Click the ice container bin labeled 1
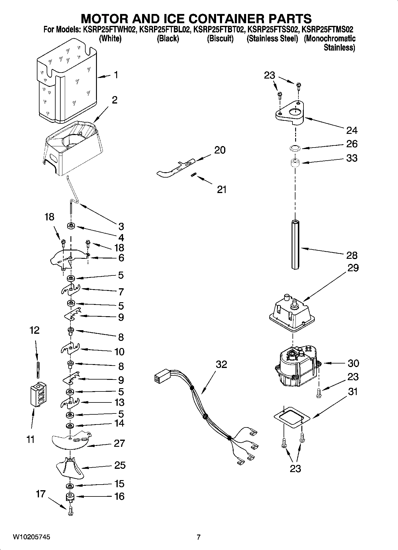[x=67, y=82]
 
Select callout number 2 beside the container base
[x=114, y=100]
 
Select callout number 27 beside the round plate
[x=120, y=443]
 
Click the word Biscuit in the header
[x=220, y=39]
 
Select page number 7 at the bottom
[x=199, y=537]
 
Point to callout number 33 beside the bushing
[x=352, y=158]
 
